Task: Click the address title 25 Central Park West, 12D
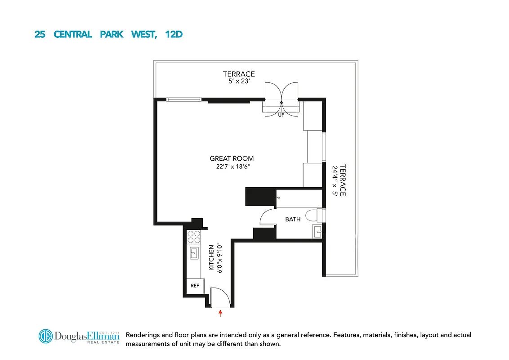point(108,34)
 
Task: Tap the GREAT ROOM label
point(232,158)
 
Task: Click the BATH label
point(293,219)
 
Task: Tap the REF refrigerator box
point(195,286)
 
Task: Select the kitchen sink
point(194,254)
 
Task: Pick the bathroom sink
point(317,232)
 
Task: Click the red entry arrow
point(220,313)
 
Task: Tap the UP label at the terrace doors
point(281,114)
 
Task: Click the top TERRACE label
point(239,74)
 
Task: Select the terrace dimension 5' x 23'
point(239,82)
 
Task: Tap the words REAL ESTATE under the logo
point(105,343)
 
